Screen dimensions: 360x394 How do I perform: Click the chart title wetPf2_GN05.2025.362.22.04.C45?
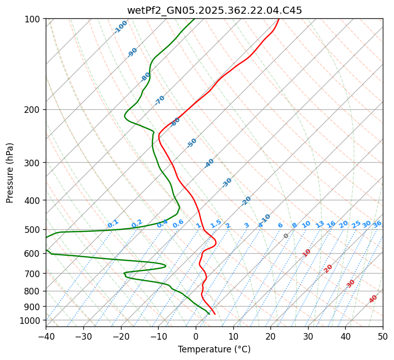pos(214,11)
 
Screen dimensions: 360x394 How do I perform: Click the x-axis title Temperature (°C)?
pos(214,350)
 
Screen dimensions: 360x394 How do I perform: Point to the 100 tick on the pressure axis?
pos(34,19)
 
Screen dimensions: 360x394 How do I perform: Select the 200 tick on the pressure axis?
pos(34,110)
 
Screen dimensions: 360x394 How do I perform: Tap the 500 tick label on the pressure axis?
pos(34,230)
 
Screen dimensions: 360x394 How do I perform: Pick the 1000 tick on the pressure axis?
pos(32,320)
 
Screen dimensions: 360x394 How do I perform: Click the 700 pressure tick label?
pos(34,274)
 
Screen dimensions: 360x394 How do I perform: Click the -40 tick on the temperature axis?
pos(46,336)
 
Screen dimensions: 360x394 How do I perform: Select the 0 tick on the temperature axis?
pos(196,336)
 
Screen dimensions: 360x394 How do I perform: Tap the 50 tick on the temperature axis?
pos(383,336)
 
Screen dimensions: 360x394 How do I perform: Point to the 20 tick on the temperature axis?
pos(270,336)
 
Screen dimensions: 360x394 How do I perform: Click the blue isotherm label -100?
pos(121,27)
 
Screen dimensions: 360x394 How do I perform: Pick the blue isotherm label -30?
pos(227,183)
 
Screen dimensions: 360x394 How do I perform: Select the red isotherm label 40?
pos(374,299)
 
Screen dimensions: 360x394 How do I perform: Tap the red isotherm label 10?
pos(307,253)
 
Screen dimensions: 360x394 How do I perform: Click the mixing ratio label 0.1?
pos(113,224)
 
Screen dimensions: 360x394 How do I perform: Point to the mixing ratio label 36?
pos(377,224)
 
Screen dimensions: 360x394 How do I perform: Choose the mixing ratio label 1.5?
pos(216,224)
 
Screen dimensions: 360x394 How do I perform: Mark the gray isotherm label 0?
pos(286,236)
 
